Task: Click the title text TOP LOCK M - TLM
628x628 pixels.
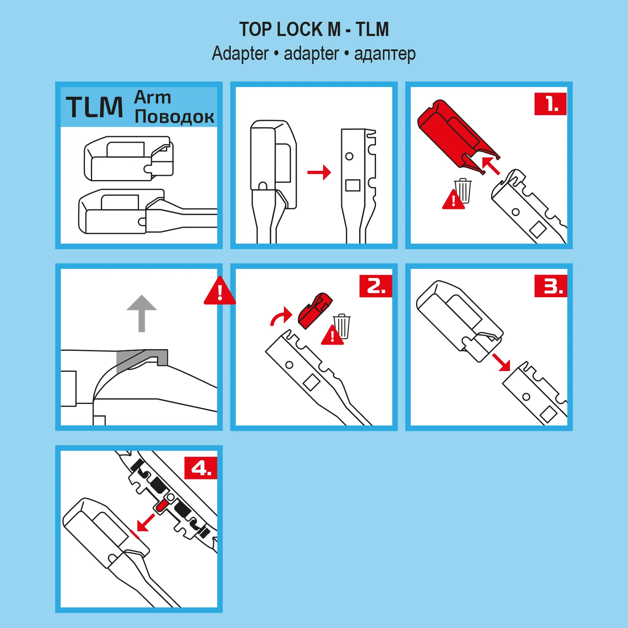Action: coord(314,29)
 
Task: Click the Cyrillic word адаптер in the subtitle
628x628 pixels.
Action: coord(385,54)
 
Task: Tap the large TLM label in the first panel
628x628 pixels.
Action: coord(95,107)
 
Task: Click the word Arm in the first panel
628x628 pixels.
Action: coord(152,97)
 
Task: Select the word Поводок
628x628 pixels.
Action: coord(175,116)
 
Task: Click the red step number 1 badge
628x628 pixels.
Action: coord(551,104)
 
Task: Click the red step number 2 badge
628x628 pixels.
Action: coord(376,286)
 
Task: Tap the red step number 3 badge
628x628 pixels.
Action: coord(551,286)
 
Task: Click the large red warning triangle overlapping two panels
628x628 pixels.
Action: coord(220,291)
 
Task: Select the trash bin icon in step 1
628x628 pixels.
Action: coord(463,191)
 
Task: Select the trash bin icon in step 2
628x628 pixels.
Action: coord(342,326)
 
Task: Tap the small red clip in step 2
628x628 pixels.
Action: coord(315,310)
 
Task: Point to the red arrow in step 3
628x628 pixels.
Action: coord(501,362)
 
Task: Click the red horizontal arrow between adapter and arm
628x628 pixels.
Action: coord(319,172)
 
